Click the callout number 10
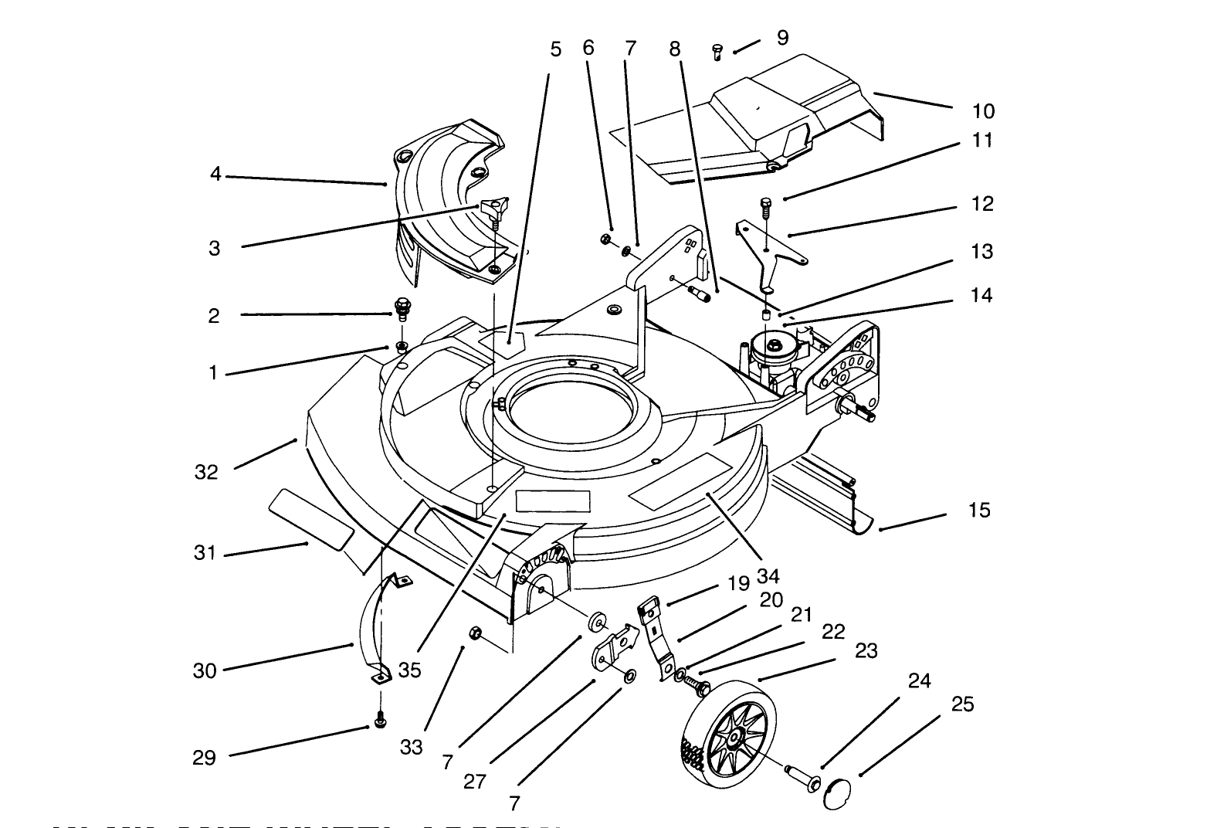click(x=983, y=111)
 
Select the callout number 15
click(x=978, y=511)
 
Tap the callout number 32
click(x=206, y=473)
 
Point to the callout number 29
click(x=204, y=758)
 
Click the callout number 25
click(x=962, y=704)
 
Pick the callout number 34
click(x=768, y=575)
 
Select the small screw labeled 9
click(x=717, y=52)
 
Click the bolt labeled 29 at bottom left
click(x=379, y=719)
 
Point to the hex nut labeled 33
click(x=475, y=633)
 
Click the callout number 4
click(x=215, y=175)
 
